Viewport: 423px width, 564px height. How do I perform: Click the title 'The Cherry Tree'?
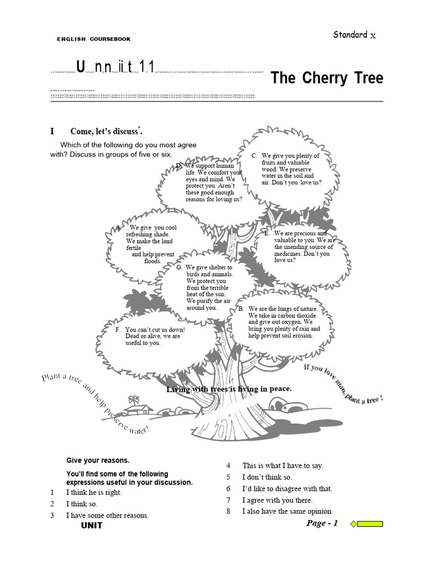[x=327, y=78]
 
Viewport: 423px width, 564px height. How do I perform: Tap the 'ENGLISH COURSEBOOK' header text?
[x=94, y=39]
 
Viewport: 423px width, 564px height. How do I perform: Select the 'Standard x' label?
[x=354, y=35]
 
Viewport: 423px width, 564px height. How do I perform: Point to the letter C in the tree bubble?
[x=254, y=156]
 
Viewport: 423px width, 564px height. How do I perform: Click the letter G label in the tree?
[x=180, y=267]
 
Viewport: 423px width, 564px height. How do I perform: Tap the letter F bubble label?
[x=118, y=329]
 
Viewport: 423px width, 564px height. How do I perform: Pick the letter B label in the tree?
[x=241, y=309]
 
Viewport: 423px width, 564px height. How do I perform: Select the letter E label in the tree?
[x=267, y=234]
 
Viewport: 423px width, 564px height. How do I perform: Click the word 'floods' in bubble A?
[x=153, y=261]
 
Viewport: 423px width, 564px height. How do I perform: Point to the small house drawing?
[x=138, y=408]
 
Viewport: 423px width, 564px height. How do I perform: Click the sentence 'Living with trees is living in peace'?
[x=229, y=389]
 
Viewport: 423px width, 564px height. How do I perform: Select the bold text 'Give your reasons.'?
[x=98, y=460]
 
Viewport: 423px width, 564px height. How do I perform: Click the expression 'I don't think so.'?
[x=267, y=477]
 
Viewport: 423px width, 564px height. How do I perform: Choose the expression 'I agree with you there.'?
[x=277, y=500]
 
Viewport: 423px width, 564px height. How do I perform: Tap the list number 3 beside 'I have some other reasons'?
[x=52, y=516]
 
